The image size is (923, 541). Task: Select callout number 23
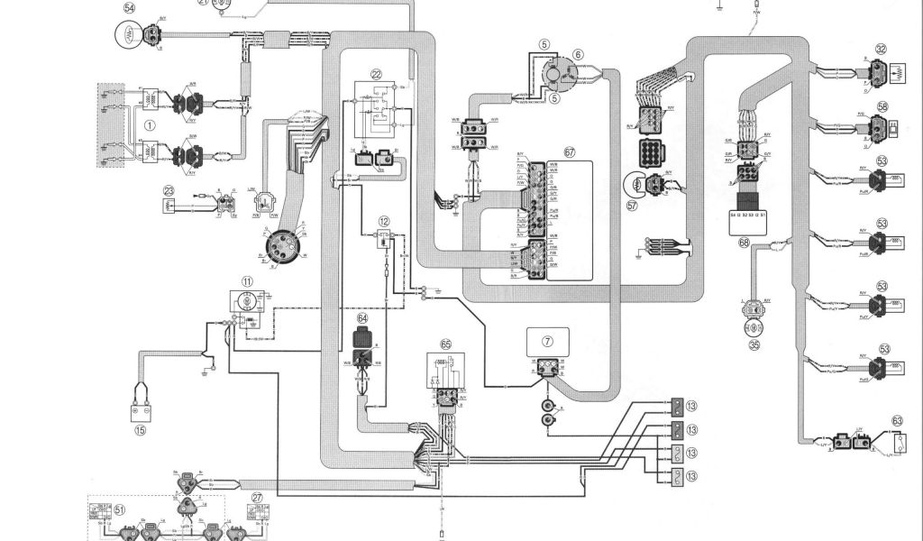coord(169,190)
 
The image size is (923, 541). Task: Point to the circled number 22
coord(376,75)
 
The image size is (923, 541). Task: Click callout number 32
coord(881,50)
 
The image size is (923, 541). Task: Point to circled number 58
coord(882,106)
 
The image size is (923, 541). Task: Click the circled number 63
coord(897,419)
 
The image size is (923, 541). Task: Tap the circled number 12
coord(385,221)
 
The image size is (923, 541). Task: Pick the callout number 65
coord(445,344)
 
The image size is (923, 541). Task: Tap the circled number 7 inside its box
coord(547,341)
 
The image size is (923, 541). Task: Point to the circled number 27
coord(257,498)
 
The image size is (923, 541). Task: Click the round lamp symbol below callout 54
coord(128,37)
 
